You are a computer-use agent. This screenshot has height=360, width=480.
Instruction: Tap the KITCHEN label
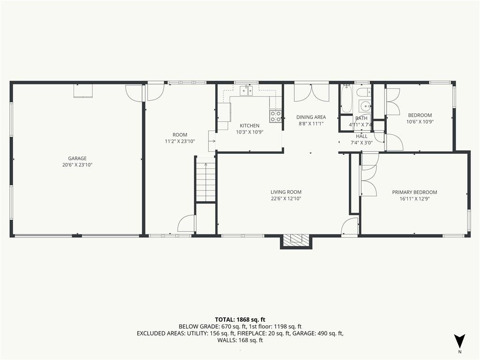(x=249, y=126)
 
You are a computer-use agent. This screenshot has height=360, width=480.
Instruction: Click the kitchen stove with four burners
(x=276, y=116)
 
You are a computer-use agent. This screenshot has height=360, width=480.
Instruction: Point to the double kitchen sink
(x=247, y=90)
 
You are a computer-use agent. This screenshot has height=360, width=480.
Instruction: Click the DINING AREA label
(x=311, y=117)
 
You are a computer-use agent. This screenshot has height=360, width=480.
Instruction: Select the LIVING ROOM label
(x=286, y=192)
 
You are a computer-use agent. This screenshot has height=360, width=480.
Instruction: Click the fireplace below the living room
(x=296, y=240)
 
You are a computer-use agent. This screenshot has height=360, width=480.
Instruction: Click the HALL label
(x=361, y=136)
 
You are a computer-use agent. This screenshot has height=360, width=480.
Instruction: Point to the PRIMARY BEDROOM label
(x=414, y=192)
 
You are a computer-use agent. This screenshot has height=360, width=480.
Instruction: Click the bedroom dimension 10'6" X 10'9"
(x=420, y=122)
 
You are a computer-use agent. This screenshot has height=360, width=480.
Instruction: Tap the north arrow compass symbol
(x=459, y=341)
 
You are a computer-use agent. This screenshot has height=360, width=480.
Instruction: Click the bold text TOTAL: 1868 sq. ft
(x=240, y=319)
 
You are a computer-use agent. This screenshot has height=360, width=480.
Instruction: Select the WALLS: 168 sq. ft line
(x=240, y=340)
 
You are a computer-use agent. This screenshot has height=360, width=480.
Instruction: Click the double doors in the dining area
(x=312, y=93)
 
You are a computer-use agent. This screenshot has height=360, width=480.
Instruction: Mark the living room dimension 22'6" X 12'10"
(x=286, y=198)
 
